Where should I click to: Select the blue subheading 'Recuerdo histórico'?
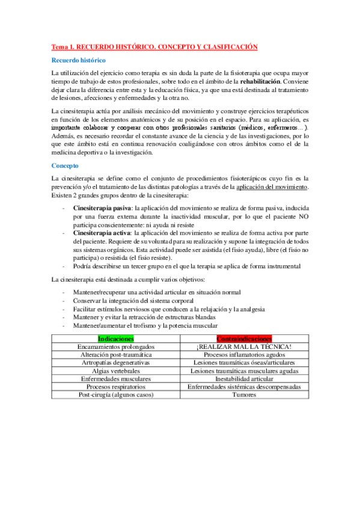click(79, 61)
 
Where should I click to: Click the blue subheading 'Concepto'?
click(64, 165)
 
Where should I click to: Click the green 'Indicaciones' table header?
click(116, 339)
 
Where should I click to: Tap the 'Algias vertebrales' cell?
click(116, 371)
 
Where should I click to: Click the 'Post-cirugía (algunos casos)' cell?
click(116, 395)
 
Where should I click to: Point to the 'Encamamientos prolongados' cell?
click(116, 347)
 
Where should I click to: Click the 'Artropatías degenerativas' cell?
click(116, 363)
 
